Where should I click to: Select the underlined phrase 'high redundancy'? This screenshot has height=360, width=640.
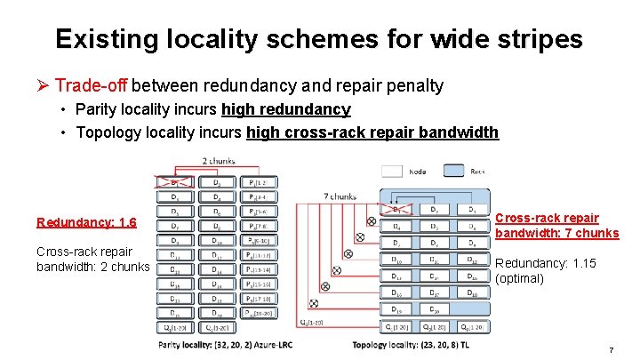pos(285,109)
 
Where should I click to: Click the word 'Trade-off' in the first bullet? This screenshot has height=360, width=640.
pos(91,85)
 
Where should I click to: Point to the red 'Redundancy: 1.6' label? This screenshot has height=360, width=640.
pos(86,222)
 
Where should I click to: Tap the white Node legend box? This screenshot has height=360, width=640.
pos(393,171)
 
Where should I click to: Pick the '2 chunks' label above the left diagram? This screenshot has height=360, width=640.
pos(219,161)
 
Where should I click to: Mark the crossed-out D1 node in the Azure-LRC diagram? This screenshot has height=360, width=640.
pos(174,183)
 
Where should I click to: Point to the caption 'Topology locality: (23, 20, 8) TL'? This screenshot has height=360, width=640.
pos(416,344)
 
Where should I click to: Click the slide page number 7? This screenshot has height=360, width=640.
pos(611,350)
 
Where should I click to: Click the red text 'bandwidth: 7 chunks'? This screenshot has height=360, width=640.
pos(556,233)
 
